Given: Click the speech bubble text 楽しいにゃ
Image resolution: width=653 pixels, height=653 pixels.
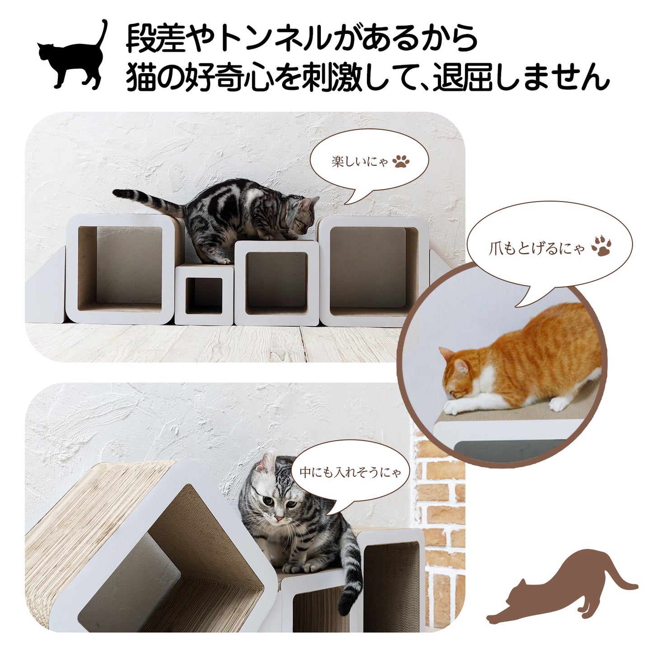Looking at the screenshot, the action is coord(360,162).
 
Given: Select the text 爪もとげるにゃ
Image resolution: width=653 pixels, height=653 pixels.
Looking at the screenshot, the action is coord(537,249).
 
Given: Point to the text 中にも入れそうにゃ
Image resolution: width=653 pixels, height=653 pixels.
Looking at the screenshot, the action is coord(350,472).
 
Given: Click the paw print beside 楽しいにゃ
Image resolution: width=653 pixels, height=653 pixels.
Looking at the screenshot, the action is coord(401,162).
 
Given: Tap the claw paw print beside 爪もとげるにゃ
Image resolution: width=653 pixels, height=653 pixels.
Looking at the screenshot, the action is coord(601,246).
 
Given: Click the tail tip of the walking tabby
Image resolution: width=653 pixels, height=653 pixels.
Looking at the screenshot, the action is coord(117,193).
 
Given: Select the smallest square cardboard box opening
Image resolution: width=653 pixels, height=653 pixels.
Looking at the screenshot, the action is coord(204,296).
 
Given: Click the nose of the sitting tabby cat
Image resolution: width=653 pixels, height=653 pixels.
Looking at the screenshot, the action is coord(279,528).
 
